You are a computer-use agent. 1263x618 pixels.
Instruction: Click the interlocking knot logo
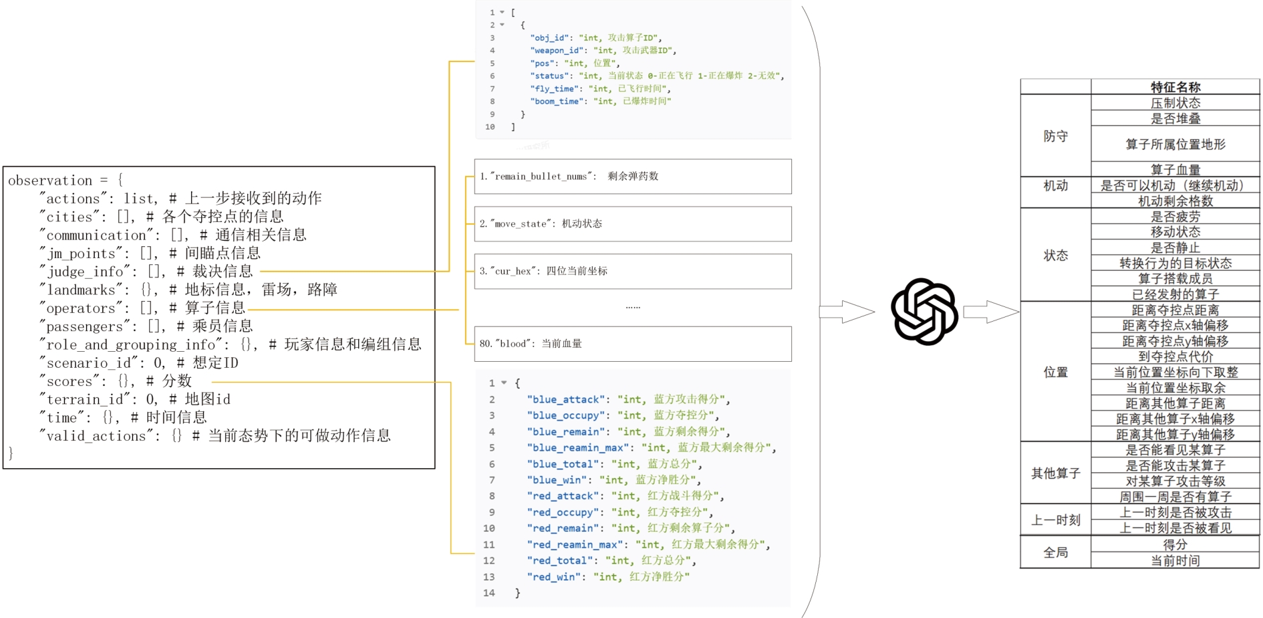pyautogui.click(x=924, y=312)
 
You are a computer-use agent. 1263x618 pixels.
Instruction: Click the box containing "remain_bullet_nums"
pyautogui.click(x=632, y=177)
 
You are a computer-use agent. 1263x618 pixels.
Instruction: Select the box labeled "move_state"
pyautogui.click(x=632, y=224)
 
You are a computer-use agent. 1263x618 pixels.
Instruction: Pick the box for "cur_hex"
pyautogui.click(x=632, y=272)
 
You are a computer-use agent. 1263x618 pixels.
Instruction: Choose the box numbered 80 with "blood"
pyautogui.click(x=632, y=344)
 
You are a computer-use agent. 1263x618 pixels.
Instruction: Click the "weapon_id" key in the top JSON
pyautogui.click(x=559, y=50)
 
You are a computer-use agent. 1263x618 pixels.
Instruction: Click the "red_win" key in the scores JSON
pyautogui.click(x=557, y=577)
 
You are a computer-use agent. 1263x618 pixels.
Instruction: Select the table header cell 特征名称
pyautogui.click(x=1175, y=87)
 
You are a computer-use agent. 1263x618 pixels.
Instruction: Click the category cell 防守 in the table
pyautogui.click(x=1055, y=136)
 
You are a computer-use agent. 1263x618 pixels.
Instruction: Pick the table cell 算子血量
pyautogui.click(x=1175, y=170)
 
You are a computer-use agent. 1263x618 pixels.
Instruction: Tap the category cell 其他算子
pyautogui.click(x=1055, y=474)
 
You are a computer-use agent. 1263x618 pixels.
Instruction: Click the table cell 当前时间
pyautogui.click(x=1175, y=561)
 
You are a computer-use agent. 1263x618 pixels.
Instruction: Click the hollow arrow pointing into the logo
pyautogui.click(x=847, y=312)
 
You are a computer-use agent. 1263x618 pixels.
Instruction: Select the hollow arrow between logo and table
pyautogui.click(x=990, y=312)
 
